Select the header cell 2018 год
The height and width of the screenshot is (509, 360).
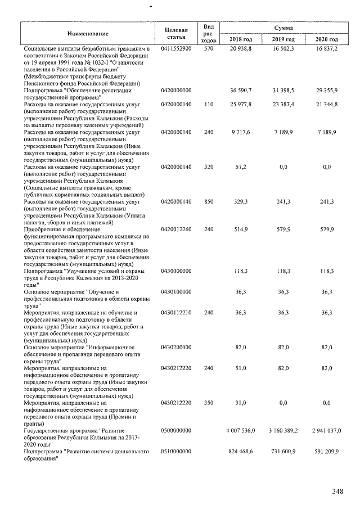(241, 39)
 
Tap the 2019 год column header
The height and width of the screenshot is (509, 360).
(283, 39)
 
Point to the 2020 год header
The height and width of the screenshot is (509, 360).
(326, 39)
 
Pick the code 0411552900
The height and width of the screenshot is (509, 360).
(176, 49)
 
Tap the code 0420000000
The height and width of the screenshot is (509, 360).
(176, 90)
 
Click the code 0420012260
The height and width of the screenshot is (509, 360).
(176, 229)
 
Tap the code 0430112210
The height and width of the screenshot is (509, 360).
(176, 312)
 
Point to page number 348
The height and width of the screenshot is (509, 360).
(337, 492)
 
